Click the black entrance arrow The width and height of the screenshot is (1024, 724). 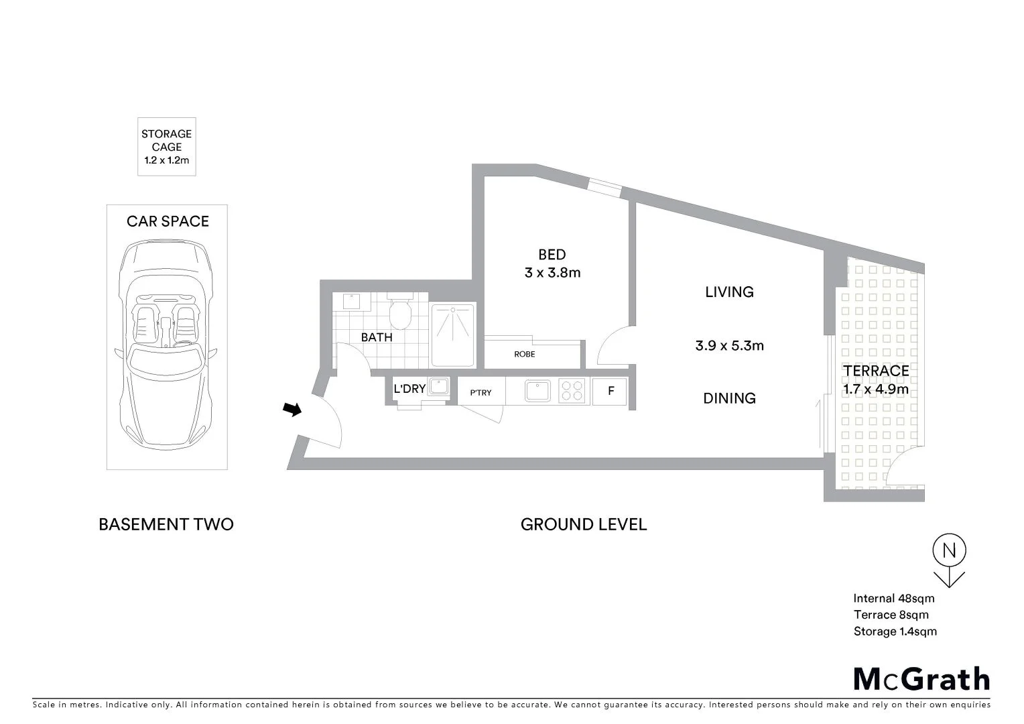tap(292, 409)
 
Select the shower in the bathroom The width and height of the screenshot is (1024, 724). tap(452, 335)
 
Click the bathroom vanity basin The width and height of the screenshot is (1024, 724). tap(350, 302)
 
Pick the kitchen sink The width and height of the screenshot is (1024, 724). tap(537, 391)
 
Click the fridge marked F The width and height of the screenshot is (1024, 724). tap(610, 391)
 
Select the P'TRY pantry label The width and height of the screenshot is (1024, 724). tap(481, 393)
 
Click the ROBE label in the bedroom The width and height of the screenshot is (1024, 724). tap(525, 354)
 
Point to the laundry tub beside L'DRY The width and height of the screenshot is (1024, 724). tap(438, 387)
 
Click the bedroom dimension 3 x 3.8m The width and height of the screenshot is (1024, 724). tap(552, 273)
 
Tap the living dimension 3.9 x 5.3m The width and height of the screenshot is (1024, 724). tap(729, 346)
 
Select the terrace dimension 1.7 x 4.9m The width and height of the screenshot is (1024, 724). tap(876, 389)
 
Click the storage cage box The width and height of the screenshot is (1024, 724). tap(167, 147)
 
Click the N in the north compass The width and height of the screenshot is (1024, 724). tap(949, 551)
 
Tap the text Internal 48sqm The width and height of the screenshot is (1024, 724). tap(893, 599)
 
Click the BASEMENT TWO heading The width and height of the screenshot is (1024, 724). tap(166, 524)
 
